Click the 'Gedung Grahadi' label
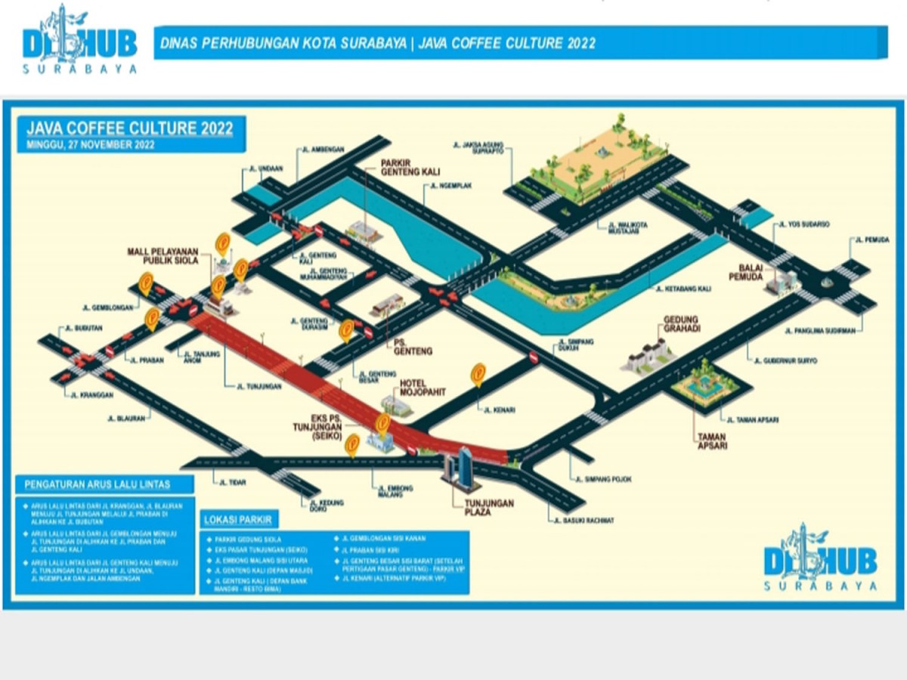[680, 325]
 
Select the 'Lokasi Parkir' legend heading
[238, 519]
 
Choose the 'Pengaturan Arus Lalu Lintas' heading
[98, 484]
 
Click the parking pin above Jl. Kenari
[478, 373]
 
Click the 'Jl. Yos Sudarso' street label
[809, 224]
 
